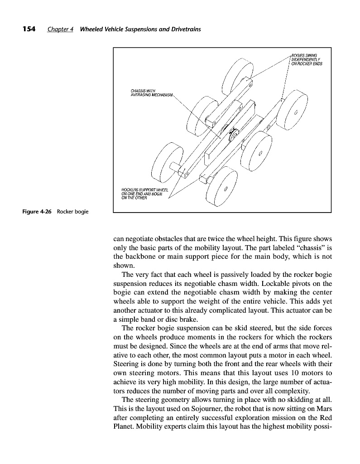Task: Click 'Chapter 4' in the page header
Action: pos(61,29)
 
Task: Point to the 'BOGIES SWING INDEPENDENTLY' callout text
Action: pos(306,60)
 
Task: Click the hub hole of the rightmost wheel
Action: pos(296,111)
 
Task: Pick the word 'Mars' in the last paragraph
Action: pos(324,408)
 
